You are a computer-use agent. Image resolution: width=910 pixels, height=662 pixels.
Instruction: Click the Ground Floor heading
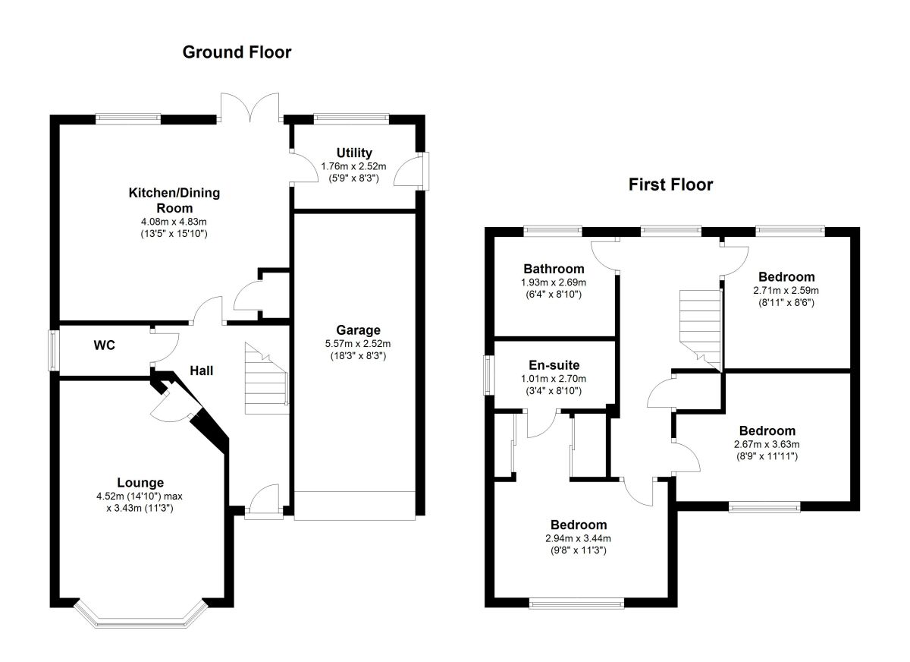pyautogui.click(x=237, y=52)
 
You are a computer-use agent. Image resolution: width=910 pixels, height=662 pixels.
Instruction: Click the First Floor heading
pyautogui.click(x=670, y=185)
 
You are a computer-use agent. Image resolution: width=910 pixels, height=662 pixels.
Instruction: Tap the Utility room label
pyautogui.click(x=354, y=153)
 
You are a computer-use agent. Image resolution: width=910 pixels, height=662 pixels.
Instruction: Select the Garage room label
pyautogui.click(x=358, y=330)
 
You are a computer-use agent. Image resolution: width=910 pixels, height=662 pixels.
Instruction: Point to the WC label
pyautogui.click(x=105, y=345)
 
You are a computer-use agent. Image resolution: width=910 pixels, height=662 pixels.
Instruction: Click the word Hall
pyautogui.click(x=202, y=370)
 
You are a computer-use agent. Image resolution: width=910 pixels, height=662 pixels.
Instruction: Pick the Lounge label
pyautogui.click(x=140, y=483)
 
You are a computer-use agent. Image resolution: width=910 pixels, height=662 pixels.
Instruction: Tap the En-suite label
pyautogui.click(x=554, y=365)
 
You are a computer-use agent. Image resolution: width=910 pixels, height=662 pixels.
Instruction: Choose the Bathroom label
pyautogui.click(x=554, y=269)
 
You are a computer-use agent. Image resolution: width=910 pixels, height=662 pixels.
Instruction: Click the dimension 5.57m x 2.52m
pyautogui.click(x=358, y=344)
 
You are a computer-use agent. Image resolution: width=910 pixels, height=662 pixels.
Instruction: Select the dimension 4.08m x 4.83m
pyautogui.click(x=174, y=222)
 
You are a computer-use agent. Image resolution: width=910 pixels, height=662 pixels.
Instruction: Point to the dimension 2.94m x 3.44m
pyautogui.click(x=578, y=538)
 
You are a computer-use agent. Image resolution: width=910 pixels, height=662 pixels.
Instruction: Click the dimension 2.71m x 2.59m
pyautogui.click(x=786, y=291)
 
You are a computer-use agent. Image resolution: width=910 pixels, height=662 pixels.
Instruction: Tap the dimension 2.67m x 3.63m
pyautogui.click(x=767, y=444)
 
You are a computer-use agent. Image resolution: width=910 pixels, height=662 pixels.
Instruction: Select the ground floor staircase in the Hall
pyautogui.click(x=266, y=378)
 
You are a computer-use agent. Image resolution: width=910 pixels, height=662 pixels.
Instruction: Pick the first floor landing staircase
pyautogui.click(x=701, y=330)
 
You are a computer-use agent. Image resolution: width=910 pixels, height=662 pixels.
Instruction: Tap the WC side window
pyautogui.click(x=54, y=351)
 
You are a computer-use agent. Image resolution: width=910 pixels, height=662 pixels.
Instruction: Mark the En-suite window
pyautogui.click(x=488, y=375)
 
